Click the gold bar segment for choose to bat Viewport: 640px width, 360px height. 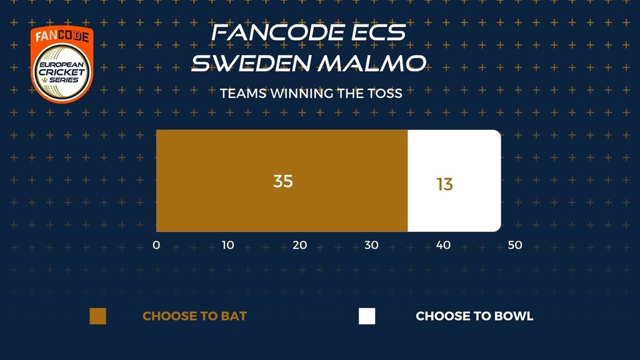tap(282, 181)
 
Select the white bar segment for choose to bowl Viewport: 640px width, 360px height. tap(454, 181)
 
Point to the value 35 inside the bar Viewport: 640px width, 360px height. tap(283, 181)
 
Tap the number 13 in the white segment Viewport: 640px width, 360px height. tap(444, 184)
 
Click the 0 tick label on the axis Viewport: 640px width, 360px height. tap(156, 245)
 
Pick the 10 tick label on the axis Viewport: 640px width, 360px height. tap(227, 245)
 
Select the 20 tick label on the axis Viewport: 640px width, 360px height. tap(299, 245)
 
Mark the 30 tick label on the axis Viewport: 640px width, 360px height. tap(371, 245)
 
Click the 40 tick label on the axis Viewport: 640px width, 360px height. tap(443, 245)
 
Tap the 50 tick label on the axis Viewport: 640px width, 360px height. tap(515, 245)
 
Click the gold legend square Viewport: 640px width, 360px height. tap(98, 316)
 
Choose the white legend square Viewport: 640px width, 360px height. tap(367, 316)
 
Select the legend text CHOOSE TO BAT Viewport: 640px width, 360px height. tap(195, 316)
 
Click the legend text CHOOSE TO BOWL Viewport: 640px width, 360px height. tap(475, 316)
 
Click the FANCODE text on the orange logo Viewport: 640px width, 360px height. tap(62, 37)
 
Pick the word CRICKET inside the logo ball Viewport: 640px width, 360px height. tap(62, 72)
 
